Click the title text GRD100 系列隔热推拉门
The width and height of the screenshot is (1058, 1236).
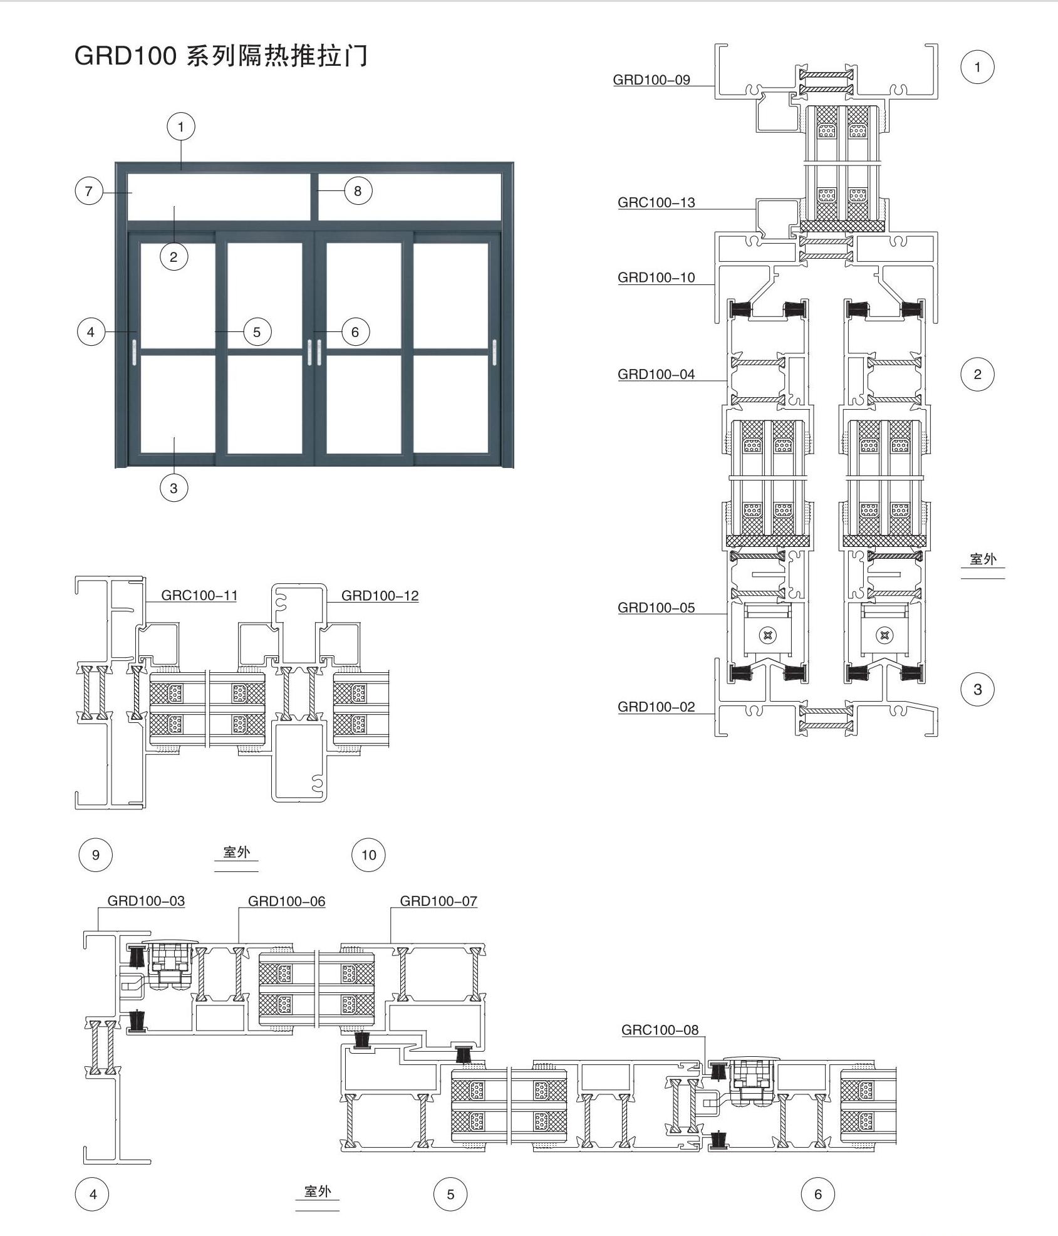[221, 56]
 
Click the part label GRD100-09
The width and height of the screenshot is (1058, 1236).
[651, 80]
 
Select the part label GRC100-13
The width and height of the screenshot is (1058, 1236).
[656, 202]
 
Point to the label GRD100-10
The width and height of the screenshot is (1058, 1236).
[656, 278]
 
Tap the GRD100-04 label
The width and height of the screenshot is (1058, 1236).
[656, 374]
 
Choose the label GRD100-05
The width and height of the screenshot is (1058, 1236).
[656, 608]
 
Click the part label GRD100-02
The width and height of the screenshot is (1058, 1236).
[656, 707]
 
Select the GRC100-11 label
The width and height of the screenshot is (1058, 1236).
[200, 595]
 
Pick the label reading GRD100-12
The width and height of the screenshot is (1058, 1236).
[380, 596]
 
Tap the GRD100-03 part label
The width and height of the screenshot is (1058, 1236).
[146, 901]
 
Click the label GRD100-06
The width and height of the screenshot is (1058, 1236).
[287, 901]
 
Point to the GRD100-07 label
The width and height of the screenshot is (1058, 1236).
[438, 901]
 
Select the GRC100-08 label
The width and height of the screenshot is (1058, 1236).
[660, 1030]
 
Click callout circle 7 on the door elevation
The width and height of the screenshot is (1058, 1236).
[89, 191]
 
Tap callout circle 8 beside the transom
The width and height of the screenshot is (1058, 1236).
[358, 191]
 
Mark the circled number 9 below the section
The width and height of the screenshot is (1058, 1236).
[95, 854]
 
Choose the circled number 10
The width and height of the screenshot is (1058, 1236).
[368, 854]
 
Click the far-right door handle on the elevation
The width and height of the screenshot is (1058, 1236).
[494, 352]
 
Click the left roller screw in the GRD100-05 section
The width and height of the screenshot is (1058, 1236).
[767, 636]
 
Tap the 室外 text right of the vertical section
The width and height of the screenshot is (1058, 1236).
[983, 559]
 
